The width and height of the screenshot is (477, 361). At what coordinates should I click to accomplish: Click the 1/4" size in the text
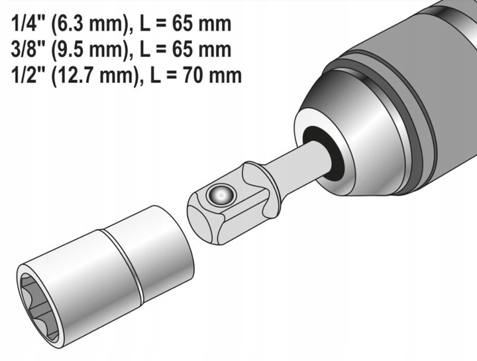25,25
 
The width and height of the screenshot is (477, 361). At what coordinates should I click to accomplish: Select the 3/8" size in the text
25,50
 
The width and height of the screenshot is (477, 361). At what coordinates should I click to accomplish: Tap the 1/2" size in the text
25,74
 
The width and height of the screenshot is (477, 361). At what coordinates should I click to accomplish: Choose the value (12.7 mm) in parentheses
87,74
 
